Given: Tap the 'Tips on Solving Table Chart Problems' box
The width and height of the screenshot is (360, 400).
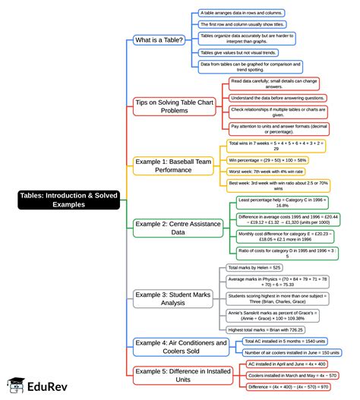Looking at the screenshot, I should (x=172, y=106).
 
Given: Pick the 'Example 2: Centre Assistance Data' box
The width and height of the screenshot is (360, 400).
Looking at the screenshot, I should (x=172, y=228).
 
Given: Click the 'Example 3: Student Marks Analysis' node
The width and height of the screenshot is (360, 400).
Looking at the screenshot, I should (x=172, y=298).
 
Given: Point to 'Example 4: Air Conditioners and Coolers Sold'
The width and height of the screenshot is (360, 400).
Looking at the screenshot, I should (x=181, y=346).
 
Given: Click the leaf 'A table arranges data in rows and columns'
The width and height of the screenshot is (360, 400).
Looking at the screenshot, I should (x=241, y=12).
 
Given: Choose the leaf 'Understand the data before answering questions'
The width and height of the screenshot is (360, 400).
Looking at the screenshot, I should (x=278, y=98).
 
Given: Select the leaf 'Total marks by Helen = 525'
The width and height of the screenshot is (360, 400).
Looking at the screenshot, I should (x=255, y=267).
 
